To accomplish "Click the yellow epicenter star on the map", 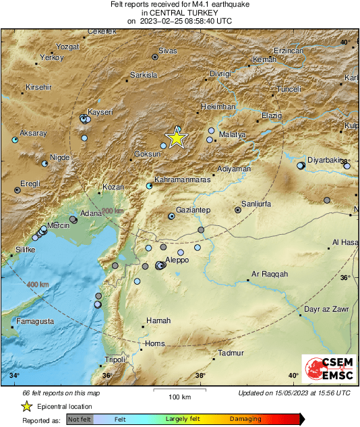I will (x=176, y=138).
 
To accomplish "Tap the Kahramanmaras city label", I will (x=183, y=180).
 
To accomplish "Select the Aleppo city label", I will (x=177, y=260).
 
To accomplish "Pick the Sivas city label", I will (x=167, y=51).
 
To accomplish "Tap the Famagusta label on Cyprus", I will (x=35, y=321).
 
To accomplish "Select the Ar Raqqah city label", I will (x=270, y=274).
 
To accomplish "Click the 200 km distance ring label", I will (x=113, y=211).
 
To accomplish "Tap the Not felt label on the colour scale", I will (x=80, y=419).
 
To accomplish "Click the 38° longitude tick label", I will (x=200, y=375).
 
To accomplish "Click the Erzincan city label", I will (x=289, y=51).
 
